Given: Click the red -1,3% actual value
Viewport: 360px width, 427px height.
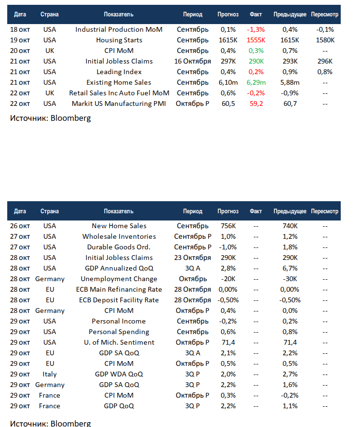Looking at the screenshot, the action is pyautogui.click(x=255, y=29).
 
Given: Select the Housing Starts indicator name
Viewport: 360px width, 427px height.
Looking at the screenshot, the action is pyautogui.click(x=119, y=40).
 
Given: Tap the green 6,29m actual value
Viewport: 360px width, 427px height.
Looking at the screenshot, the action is pyautogui.click(x=256, y=82).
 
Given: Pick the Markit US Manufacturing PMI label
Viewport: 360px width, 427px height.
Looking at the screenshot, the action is pyautogui.click(x=119, y=104).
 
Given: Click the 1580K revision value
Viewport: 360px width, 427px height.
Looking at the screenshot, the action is pyautogui.click(x=325, y=40).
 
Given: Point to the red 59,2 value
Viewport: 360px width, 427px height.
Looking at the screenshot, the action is pyautogui.click(x=256, y=104).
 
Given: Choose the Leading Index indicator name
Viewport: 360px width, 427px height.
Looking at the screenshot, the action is pyautogui.click(x=119, y=72).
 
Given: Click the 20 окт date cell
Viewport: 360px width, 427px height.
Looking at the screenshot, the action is pyautogui.click(x=20, y=51).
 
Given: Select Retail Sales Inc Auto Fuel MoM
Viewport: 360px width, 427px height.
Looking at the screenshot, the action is pyautogui.click(x=119, y=93).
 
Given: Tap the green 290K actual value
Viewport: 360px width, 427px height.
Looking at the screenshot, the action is pyautogui.click(x=256, y=61).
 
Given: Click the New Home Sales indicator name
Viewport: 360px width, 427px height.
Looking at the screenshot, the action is pyautogui.click(x=119, y=226).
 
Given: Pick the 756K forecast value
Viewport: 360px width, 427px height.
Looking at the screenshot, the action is pyautogui.click(x=228, y=226).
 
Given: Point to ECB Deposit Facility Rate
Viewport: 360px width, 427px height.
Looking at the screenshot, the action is pyautogui.click(x=119, y=300).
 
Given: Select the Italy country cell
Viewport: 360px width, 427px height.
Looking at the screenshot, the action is pyautogui.click(x=50, y=374).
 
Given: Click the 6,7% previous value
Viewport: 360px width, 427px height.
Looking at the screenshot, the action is pyautogui.click(x=290, y=268).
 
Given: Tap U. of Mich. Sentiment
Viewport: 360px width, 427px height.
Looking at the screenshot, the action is pyautogui.click(x=119, y=342).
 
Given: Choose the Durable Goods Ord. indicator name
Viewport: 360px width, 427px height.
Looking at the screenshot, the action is pyautogui.click(x=119, y=247).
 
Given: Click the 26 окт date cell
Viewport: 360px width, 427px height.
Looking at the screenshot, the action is pyautogui.click(x=20, y=226).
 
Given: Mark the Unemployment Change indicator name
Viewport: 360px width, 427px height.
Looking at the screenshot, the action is pyautogui.click(x=119, y=279).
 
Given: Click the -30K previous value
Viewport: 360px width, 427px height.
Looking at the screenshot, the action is pyautogui.click(x=290, y=279).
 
